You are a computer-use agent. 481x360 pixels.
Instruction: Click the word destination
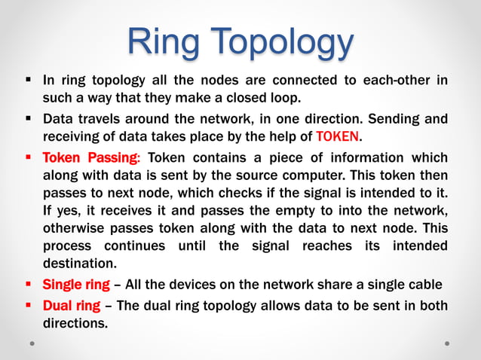tap(79, 264)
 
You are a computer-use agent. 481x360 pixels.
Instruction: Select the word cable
tap(425, 285)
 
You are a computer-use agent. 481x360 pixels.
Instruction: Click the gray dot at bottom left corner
tap(33, 343)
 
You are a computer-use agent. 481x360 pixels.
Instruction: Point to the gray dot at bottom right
tap(447, 343)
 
